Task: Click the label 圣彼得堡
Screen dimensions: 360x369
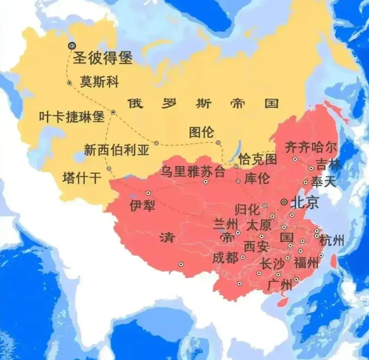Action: click(x=103, y=58)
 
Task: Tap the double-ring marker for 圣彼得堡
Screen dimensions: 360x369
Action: click(x=72, y=46)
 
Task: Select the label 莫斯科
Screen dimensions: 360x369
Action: click(x=99, y=82)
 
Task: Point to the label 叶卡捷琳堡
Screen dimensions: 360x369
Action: click(x=72, y=117)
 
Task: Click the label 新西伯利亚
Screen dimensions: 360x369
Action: click(x=117, y=150)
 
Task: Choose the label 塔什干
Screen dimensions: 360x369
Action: click(x=82, y=178)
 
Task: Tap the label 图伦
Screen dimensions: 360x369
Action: click(x=202, y=132)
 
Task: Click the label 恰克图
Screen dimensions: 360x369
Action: click(x=258, y=159)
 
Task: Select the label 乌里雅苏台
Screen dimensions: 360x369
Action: click(x=192, y=172)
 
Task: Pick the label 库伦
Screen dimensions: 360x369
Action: click(x=257, y=179)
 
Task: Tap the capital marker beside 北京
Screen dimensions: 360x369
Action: click(x=284, y=202)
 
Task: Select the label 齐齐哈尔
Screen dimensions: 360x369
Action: click(x=311, y=147)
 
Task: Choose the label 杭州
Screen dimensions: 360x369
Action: click(x=332, y=240)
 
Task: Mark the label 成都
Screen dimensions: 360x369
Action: click(x=225, y=258)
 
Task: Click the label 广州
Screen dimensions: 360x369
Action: click(x=280, y=285)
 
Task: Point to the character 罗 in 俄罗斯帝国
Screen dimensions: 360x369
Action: click(x=170, y=103)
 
